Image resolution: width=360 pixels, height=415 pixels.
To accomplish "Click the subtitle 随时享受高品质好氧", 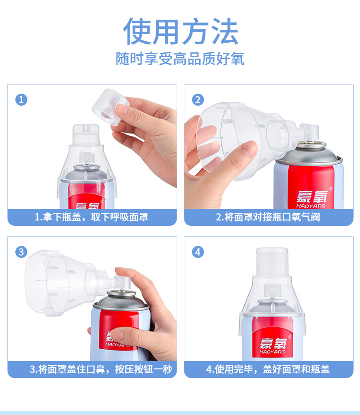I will click(x=180, y=59).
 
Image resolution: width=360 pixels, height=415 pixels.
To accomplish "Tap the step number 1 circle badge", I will click(x=21, y=99).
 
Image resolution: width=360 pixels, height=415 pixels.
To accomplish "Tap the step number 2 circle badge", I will click(x=198, y=99).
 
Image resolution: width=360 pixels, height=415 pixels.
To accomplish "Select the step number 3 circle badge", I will click(x=21, y=252).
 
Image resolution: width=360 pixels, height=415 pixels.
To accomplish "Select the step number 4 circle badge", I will click(x=198, y=252).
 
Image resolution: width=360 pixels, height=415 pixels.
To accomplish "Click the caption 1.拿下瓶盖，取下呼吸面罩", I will click(x=92, y=217).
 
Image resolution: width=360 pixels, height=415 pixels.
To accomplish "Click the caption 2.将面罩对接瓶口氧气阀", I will click(x=268, y=217).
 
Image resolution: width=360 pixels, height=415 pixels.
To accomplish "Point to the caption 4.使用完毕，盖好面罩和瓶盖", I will click(x=268, y=369).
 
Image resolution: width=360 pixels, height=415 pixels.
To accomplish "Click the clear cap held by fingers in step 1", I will click(x=110, y=106).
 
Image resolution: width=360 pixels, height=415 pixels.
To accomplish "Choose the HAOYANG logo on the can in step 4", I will click(x=272, y=345).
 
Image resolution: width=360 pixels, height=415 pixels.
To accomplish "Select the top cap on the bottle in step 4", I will click(x=272, y=262).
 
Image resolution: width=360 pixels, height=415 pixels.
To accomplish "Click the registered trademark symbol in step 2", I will click(x=330, y=188).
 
